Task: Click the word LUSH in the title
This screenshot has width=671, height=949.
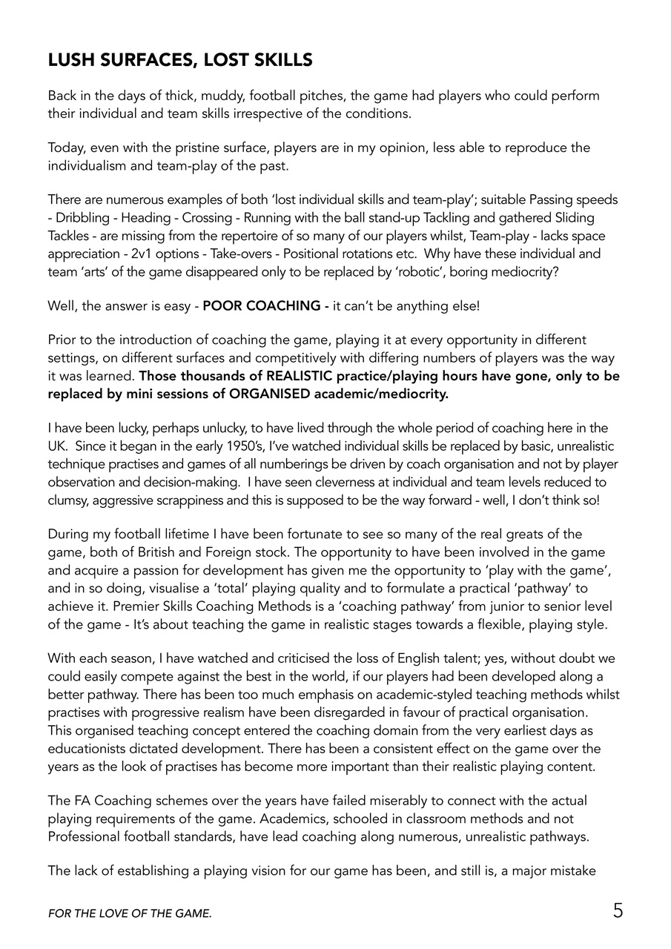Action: tap(71, 60)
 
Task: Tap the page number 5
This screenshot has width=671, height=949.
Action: tap(618, 911)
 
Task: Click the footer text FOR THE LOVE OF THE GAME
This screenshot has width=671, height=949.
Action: tap(130, 915)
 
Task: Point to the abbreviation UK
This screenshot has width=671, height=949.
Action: tap(57, 446)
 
